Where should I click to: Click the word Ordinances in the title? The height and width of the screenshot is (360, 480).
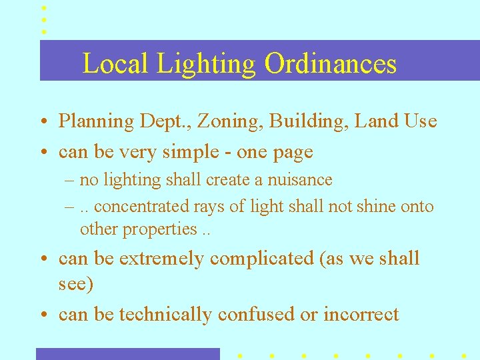coord(330,64)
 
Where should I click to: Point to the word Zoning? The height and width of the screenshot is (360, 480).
coord(219,122)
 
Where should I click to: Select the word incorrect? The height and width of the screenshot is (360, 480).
coord(361,315)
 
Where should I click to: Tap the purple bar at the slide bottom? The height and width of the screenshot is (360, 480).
coord(127,354)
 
